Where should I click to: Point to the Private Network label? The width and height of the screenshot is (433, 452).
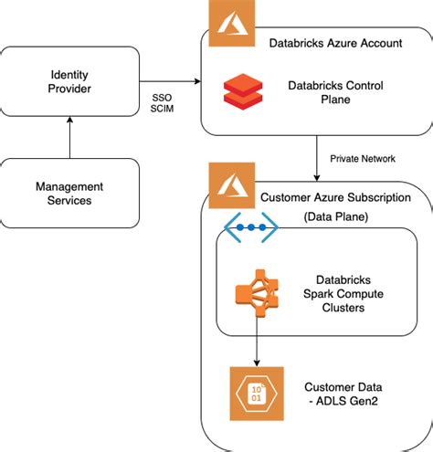pos(364,158)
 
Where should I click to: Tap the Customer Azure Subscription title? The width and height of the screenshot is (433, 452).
pos(335,197)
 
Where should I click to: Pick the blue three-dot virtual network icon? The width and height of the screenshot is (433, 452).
pos(251,227)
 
